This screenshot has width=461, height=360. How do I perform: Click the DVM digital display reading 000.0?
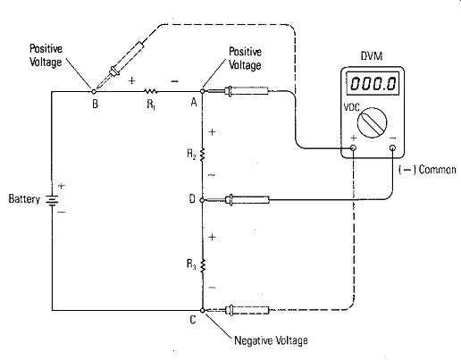pyautogui.click(x=373, y=83)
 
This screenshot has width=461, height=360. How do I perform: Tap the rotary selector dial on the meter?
pyautogui.click(x=372, y=122)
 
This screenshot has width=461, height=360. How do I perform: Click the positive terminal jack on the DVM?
pyautogui.click(x=353, y=148)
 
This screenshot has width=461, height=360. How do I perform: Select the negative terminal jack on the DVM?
pyautogui.click(x=393, y=148)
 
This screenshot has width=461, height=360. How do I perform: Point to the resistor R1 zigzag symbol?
pyautogui.click(x=150, y=91)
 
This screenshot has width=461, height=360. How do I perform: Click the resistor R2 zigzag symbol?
pyautogui.click(x=202, y=155)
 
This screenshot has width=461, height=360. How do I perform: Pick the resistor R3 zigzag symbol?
pyautogui.click(x=203, y=265)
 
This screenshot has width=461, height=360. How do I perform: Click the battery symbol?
pyautogui.click(x=52, y=199)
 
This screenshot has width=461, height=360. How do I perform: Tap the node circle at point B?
pyautogui.click(x=94, y=91)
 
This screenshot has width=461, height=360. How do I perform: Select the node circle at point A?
pyautogui.click(x=202, y=91)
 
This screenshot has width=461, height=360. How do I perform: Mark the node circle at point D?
pyautogui.click(x=202, y=200)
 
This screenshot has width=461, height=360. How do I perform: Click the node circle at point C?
pyautogui.click(x=203, y=310)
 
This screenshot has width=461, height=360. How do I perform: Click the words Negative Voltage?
pyautogui.click(x=271, y=340)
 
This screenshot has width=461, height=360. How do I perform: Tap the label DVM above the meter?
pyautogui.click(x=372, y=56)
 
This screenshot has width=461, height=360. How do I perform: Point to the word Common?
pyautogui.click(x=437, y=170)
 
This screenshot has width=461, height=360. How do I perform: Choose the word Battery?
pyautogui.click(x=24, y=199)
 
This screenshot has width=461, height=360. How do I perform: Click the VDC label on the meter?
pyautogui.click(x=352, y=107)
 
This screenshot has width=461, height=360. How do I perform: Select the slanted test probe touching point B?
pyautogui.click(x=120, y=64)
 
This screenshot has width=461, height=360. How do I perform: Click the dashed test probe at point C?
pyautogui.click(x=238, y=310)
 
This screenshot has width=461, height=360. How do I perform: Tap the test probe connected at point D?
pyautogui.click(x=238, y=200)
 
